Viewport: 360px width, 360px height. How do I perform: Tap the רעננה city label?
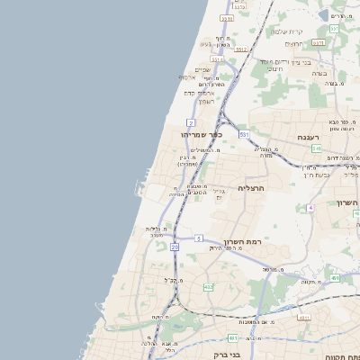tap(314, 138)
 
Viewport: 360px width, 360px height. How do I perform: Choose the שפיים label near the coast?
tap(202, 70)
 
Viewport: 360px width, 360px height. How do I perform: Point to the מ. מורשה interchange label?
tap(269, 268)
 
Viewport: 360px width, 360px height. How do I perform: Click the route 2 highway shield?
tap(191, 121)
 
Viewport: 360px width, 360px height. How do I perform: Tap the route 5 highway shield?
tap(198, 238)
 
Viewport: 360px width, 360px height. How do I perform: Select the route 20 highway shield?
tap(175, 246)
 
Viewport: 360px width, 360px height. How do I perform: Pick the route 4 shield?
tap(310, 207)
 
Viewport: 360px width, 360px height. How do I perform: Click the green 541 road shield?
tap(317, 148)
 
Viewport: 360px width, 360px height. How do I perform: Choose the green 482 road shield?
tap(209, 287)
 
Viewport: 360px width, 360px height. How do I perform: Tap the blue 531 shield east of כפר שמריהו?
tap(243, 134)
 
